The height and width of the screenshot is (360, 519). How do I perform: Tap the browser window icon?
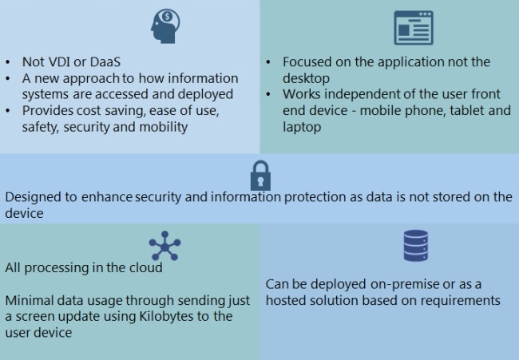coord(414,28)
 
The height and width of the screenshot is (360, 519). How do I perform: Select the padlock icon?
coord(261,174)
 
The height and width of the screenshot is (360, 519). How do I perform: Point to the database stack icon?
coord(415,247)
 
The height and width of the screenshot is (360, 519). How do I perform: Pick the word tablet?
coord(458,110)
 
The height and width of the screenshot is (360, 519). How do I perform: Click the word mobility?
coord(162,126)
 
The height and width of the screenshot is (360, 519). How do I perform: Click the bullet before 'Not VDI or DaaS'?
coord(8,62)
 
